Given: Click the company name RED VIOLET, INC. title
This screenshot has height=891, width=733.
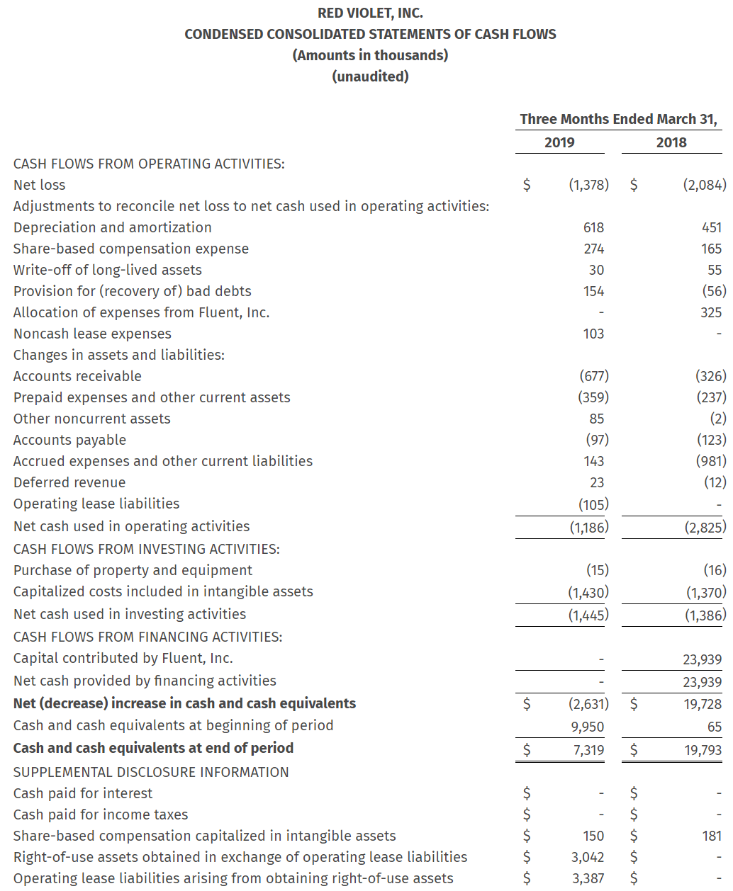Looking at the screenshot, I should (x=370, y=13).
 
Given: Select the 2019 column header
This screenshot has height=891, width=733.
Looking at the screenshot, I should (x=559, y=142).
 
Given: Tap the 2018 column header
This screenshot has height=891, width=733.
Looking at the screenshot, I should (x=671, y=142).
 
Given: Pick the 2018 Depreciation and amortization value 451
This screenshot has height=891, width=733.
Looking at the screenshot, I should (x=711, y=227).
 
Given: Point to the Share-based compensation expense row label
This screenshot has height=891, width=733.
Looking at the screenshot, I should (x=131, y=249).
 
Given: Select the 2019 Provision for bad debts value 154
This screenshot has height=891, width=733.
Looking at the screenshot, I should (x=593, y=291).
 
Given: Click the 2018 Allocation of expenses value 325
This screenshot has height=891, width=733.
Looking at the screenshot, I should (x=711, y=312).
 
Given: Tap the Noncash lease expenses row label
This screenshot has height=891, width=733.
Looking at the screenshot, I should (x=92, y=334).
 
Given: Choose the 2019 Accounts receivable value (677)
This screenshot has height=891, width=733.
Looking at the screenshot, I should (x=593, y=376).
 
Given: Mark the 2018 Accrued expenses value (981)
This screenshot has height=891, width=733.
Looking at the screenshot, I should (x=711, y=461).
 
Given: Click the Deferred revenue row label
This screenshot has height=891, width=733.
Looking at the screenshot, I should (x=69, y=482).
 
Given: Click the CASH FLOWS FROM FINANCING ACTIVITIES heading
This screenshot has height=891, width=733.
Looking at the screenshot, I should (x=147, y=637).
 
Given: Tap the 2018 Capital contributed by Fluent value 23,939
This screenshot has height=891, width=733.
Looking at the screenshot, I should (x=702, y=659).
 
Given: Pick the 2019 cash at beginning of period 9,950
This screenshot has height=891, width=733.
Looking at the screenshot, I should (x=587, y=727).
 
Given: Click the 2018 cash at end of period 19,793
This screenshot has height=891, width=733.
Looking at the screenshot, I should (x=703, y=750).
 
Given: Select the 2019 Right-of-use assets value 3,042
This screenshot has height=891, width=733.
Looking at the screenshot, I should (x=588, y=857).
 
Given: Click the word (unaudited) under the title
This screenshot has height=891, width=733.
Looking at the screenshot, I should (x=370, y=76).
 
